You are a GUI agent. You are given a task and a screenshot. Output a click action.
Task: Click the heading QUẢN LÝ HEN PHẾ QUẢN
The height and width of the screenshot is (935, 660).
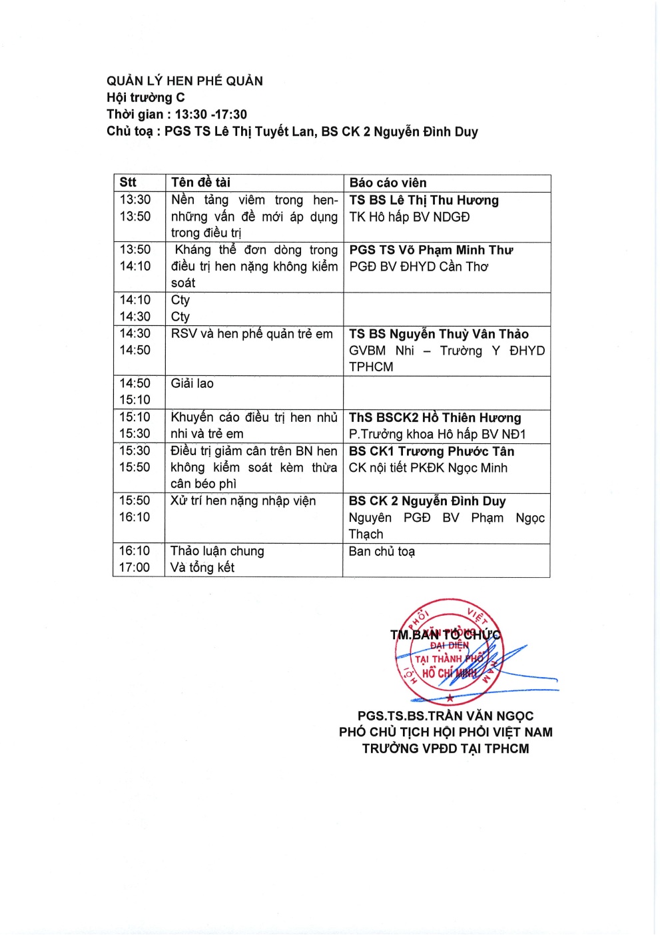tap(184, 81)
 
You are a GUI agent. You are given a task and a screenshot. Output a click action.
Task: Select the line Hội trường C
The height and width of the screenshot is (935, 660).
tap(146, 98)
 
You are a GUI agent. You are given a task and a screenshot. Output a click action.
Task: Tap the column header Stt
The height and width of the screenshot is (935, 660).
tap(128, 183)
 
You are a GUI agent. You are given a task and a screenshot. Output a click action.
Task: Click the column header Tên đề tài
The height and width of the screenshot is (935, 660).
tap(200, 183)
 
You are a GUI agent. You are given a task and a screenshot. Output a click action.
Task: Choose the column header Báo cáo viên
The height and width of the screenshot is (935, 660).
tap(388, 183)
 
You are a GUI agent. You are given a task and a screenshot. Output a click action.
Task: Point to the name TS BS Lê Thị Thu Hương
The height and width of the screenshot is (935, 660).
tap(424, 200)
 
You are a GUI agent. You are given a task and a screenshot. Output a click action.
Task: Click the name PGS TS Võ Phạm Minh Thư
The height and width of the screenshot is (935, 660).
tap(431, 250)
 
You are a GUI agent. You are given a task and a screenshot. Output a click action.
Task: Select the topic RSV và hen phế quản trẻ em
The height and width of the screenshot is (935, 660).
tap(252, 334)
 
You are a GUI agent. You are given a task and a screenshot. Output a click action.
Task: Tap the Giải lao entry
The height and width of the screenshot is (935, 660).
tap(192, 383)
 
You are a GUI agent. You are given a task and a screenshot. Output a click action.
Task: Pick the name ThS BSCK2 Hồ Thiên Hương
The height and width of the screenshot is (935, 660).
tap(435, 418)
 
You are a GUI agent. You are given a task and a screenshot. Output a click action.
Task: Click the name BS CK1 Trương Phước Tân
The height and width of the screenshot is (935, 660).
tap(432, 451)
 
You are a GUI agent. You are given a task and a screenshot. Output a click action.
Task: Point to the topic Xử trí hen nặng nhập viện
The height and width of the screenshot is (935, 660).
tap(243, 501)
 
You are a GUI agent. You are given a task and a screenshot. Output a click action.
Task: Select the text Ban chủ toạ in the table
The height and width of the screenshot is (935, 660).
tap(382, 551)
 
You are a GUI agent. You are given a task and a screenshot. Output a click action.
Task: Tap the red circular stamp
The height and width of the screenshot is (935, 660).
tap(450, 650)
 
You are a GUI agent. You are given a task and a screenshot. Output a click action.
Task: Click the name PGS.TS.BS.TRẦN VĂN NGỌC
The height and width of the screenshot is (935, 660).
tap(446, 716)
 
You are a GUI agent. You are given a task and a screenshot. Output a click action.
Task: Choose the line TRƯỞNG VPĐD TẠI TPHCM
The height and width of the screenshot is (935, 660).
tap(446, 748)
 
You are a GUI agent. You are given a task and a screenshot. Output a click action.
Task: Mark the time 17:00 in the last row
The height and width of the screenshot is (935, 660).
tap(135, 568)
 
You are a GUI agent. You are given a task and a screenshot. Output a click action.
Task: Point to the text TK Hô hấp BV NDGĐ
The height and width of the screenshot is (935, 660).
tap(409, 217)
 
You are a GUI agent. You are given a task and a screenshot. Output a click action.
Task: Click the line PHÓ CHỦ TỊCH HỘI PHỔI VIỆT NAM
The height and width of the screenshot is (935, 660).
tap(446, 732)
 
